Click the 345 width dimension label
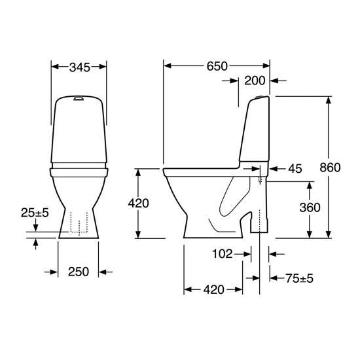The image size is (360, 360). click(80, 67)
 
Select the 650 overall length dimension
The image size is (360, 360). click(217, 66)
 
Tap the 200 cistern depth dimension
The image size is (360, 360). click(255, 81)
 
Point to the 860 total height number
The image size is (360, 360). click(330, 168)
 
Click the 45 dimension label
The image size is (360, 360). click(295, 169)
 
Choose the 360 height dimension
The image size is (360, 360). click(310, 207)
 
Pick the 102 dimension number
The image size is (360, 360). click(223, 254)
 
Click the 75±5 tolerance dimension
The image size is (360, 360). click(299, 278)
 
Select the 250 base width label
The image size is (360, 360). click(79, 272)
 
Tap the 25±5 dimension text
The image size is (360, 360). click(35, 213)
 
